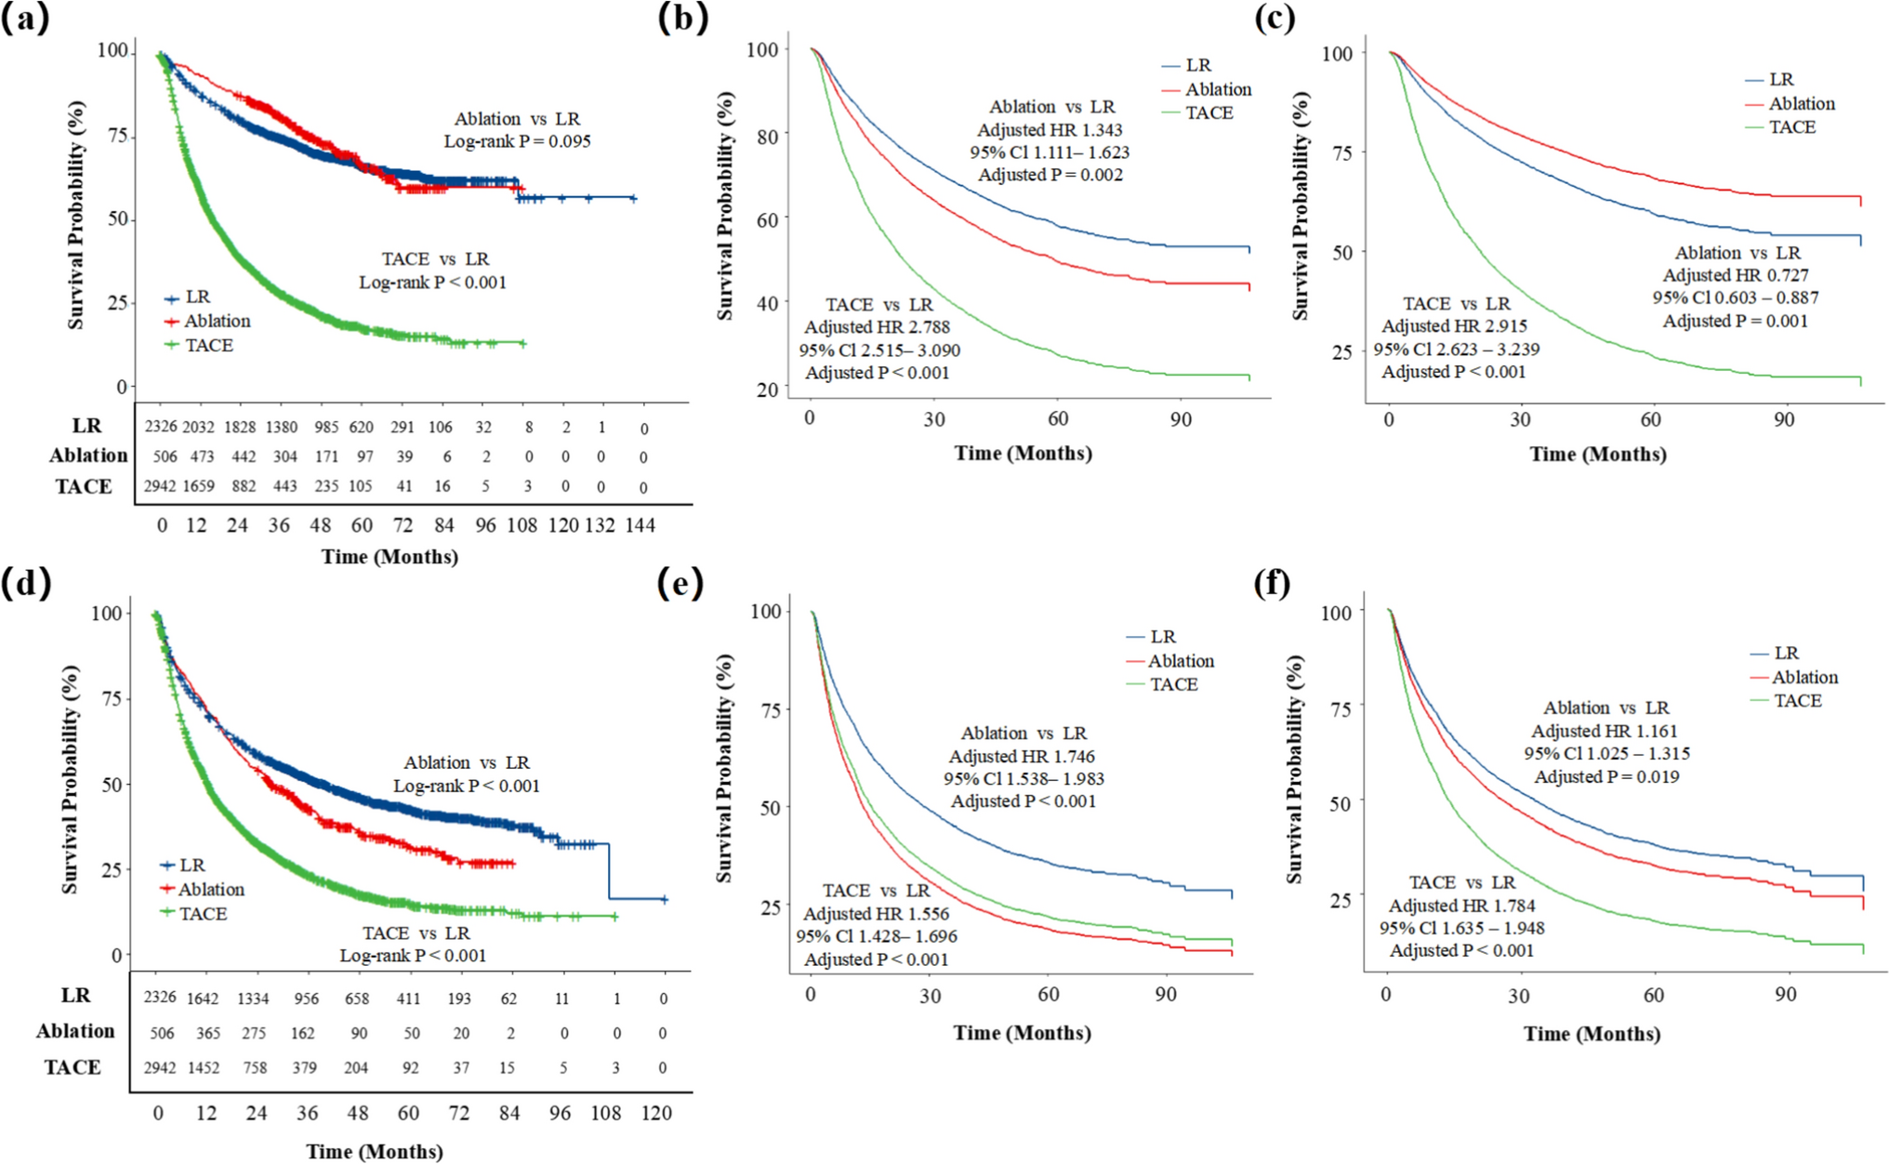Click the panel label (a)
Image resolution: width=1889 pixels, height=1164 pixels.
25,18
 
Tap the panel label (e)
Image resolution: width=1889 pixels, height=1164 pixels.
680,584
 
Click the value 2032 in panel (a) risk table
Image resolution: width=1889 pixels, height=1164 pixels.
198,428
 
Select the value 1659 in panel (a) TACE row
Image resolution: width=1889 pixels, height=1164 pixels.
198,486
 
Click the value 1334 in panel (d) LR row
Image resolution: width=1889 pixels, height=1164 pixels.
253,999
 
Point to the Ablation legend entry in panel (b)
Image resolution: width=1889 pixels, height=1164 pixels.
1218,89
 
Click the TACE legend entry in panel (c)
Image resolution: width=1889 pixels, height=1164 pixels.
1791,127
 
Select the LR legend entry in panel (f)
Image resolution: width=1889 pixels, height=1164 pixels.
1786,654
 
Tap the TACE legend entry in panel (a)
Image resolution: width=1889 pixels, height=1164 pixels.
208,346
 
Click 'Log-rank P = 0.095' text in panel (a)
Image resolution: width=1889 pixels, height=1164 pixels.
517,141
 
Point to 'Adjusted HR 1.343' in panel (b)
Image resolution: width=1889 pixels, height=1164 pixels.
1050,129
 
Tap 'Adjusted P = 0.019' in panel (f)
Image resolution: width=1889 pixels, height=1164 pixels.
1606,776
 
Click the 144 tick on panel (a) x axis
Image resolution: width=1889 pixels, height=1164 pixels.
640,525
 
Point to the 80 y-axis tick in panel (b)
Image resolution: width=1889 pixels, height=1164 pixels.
766,134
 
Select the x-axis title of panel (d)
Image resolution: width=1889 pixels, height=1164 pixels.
375,1152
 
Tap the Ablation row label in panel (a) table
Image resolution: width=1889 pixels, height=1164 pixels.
88,456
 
